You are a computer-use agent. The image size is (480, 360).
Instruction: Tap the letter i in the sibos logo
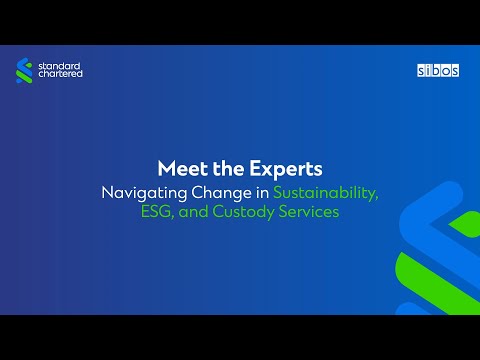[x=427, y=71]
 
